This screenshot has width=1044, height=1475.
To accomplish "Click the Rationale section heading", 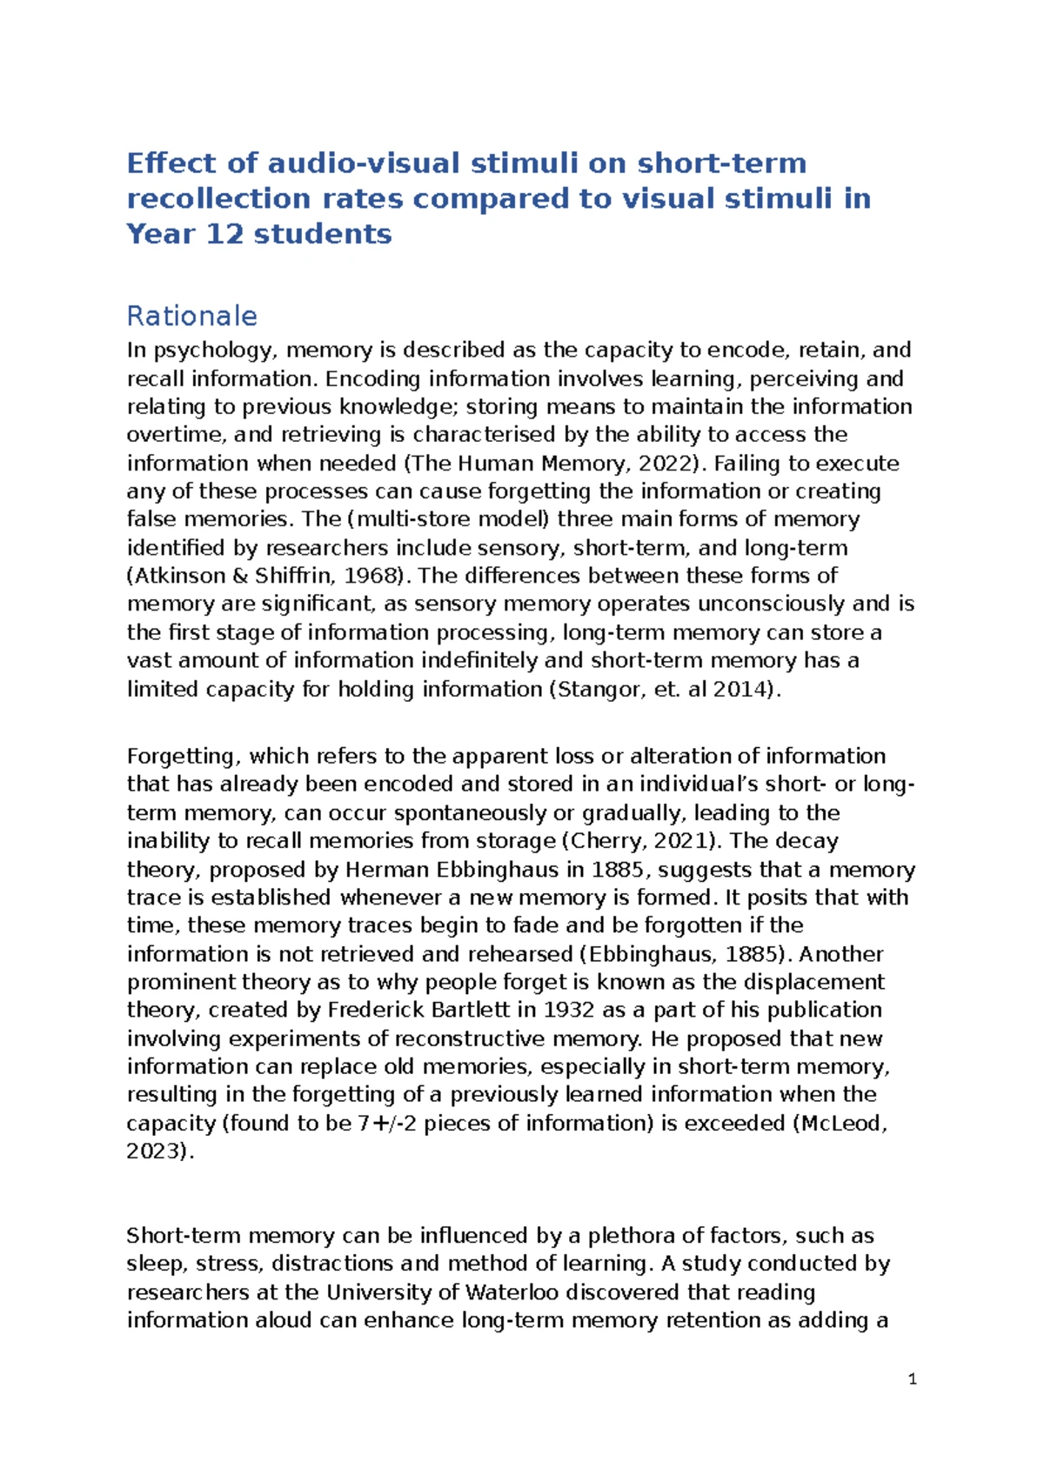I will pyautogui.click(x=191, y=316).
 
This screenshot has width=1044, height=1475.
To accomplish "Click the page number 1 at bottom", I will pyautogui.click(x=912, y=1379).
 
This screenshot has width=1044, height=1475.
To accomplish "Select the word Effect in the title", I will pyautogui.click(x=171, y=164).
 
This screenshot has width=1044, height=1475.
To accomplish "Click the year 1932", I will pyautogui.click(x=568, y=1011).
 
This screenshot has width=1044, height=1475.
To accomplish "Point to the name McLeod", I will pyautogui.click(x=840, y=1124).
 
